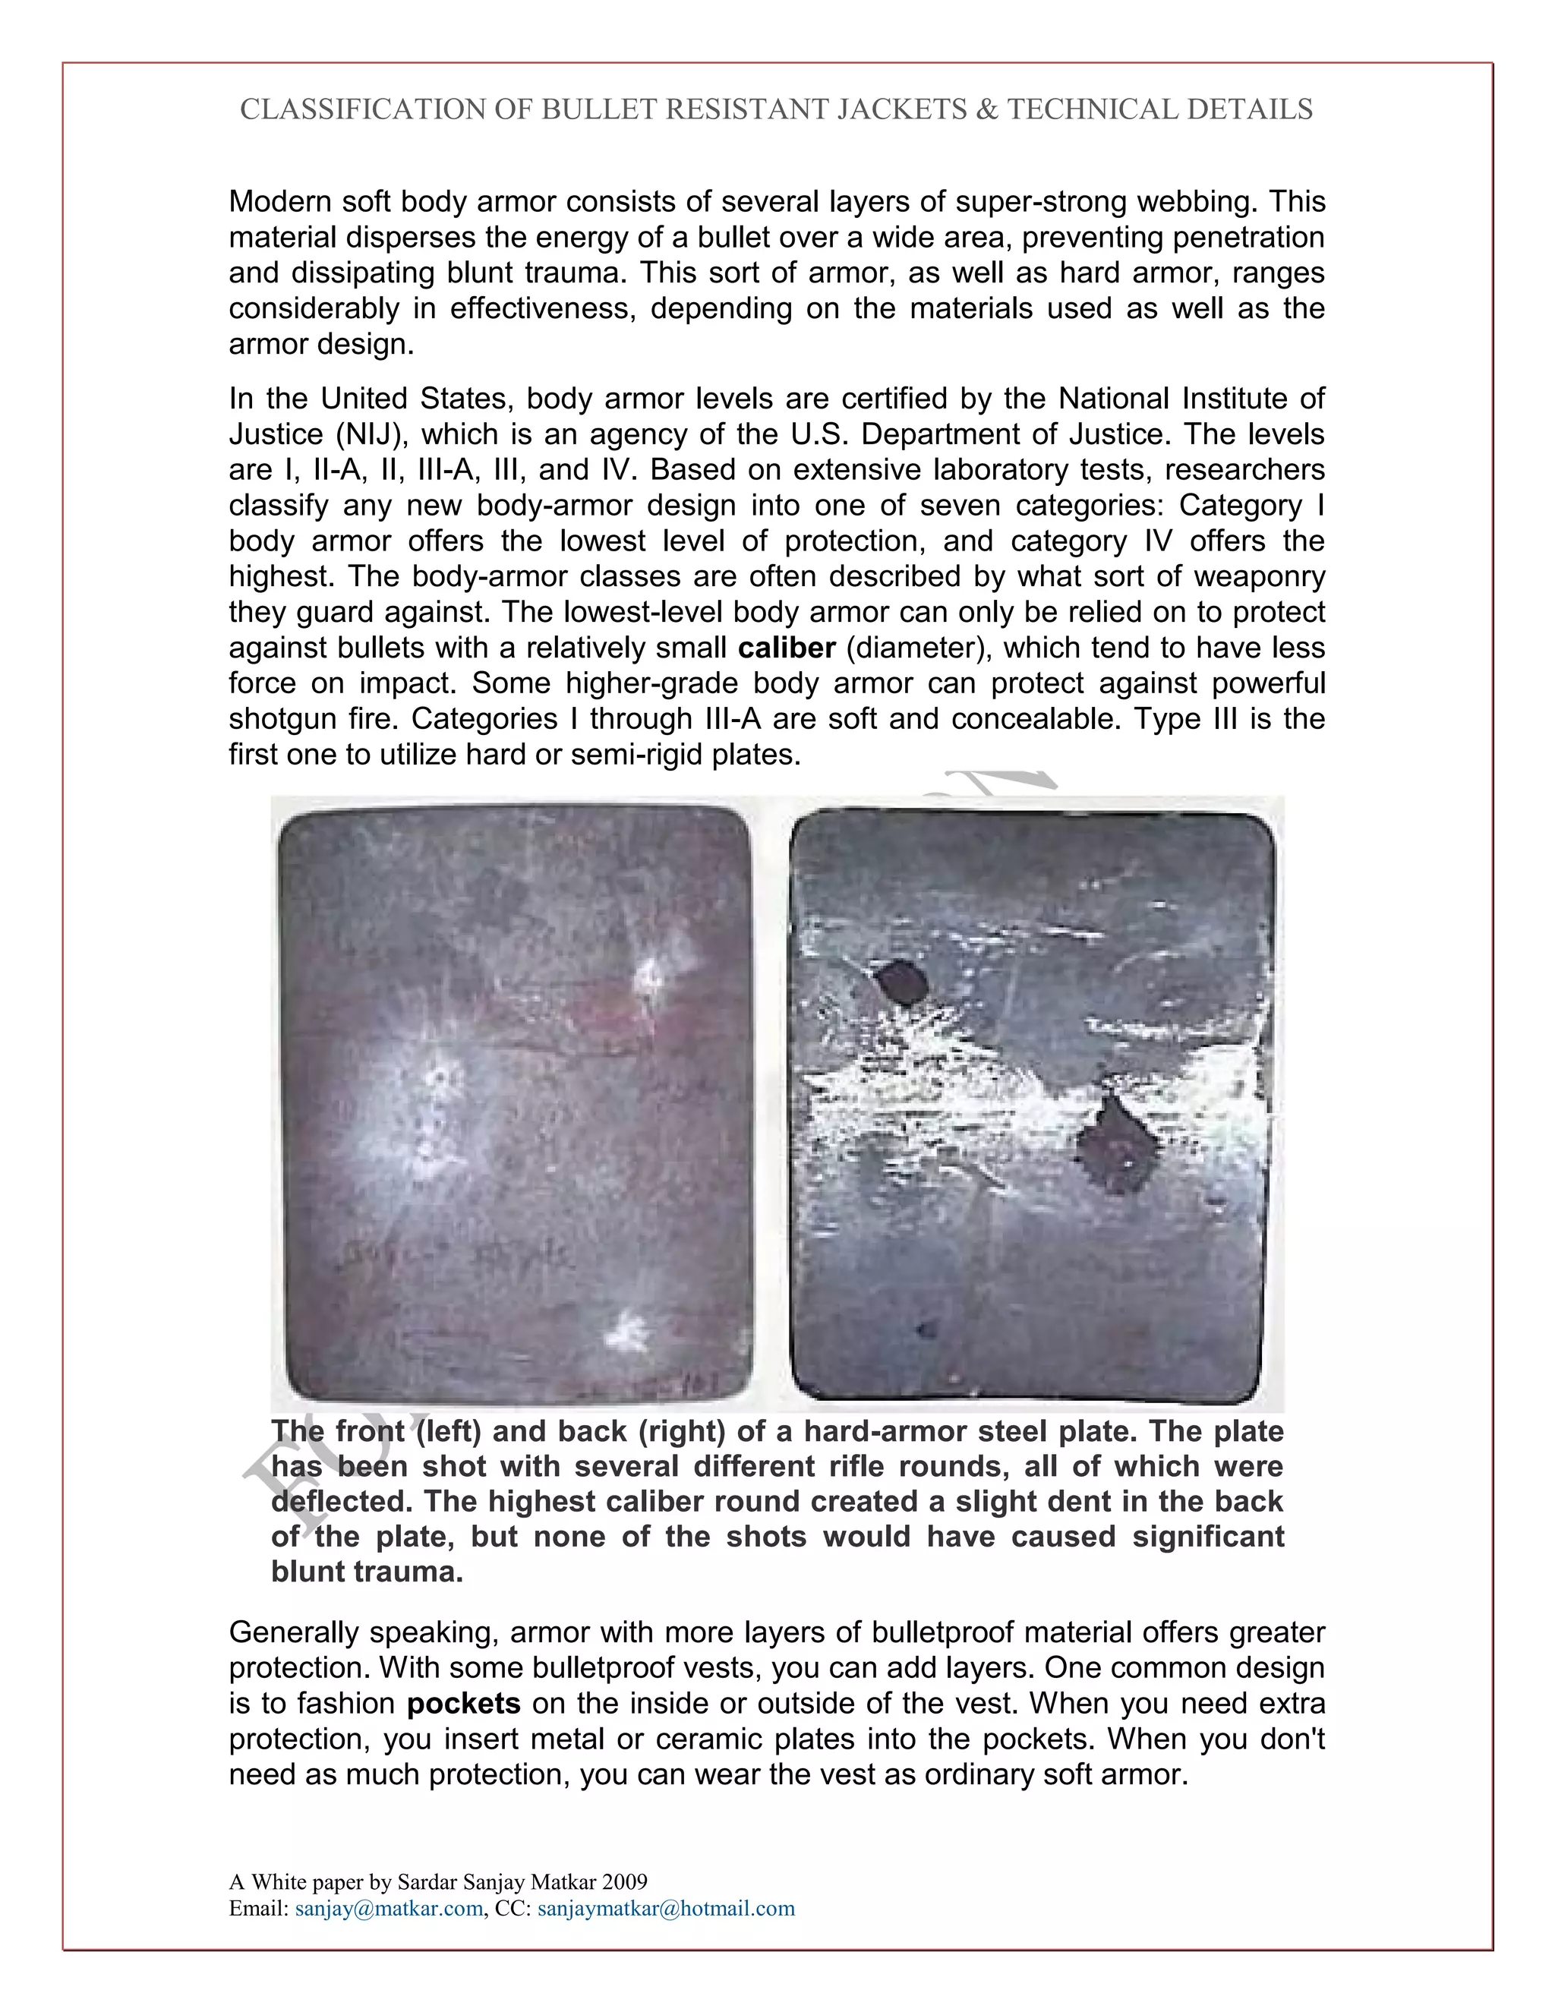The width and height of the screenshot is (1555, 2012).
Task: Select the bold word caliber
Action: tap(786, 648)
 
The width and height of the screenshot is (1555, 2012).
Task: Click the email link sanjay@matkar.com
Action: tap(389, 1908)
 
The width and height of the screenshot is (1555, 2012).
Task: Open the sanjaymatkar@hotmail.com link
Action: tap(665, 1908)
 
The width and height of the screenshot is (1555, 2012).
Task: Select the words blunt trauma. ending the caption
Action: tap(367, 1572)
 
